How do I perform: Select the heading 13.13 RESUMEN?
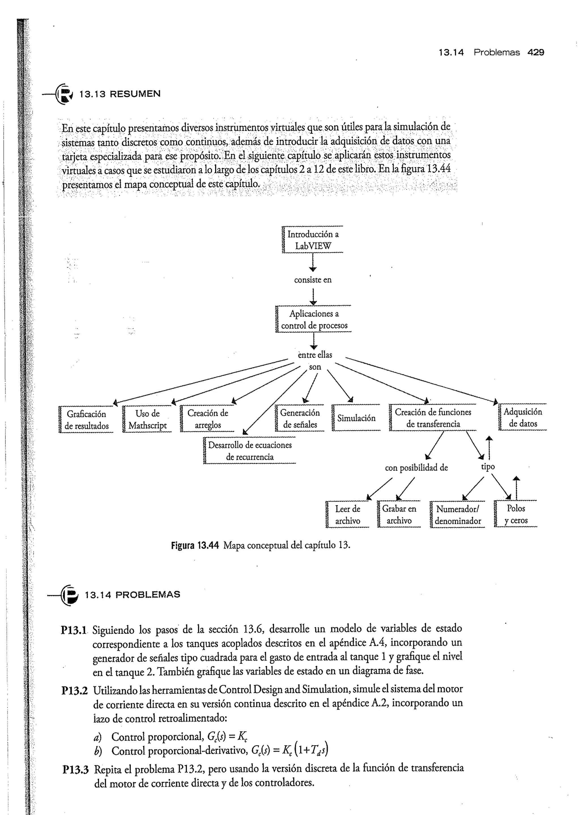click(x=120, y=94)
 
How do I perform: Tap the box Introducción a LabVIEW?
click(x=313, y=240)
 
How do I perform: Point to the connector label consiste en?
click(x=313, y=280)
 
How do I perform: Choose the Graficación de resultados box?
click(x=86, y=420)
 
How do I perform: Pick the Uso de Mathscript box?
click(x=148, y=420)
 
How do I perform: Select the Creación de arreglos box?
click(x=208, y=419)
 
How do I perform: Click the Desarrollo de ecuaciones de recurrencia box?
click(x=250, y=451)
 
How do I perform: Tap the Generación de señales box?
click(x=300, y=418)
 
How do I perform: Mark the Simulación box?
click(x=356, y=418)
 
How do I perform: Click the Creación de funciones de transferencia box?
click(x=433, y=418)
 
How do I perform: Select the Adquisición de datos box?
click(x=523, y=418)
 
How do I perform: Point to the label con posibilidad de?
click(x=416, y=468)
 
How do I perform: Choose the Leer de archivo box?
click(x=347, y=514)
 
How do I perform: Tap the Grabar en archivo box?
click(x=399, y=514)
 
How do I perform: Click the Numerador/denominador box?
click(x=458, y=514)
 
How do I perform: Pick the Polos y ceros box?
click(x=516, y=514)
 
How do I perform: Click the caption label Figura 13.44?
click(x=195, y=545)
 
